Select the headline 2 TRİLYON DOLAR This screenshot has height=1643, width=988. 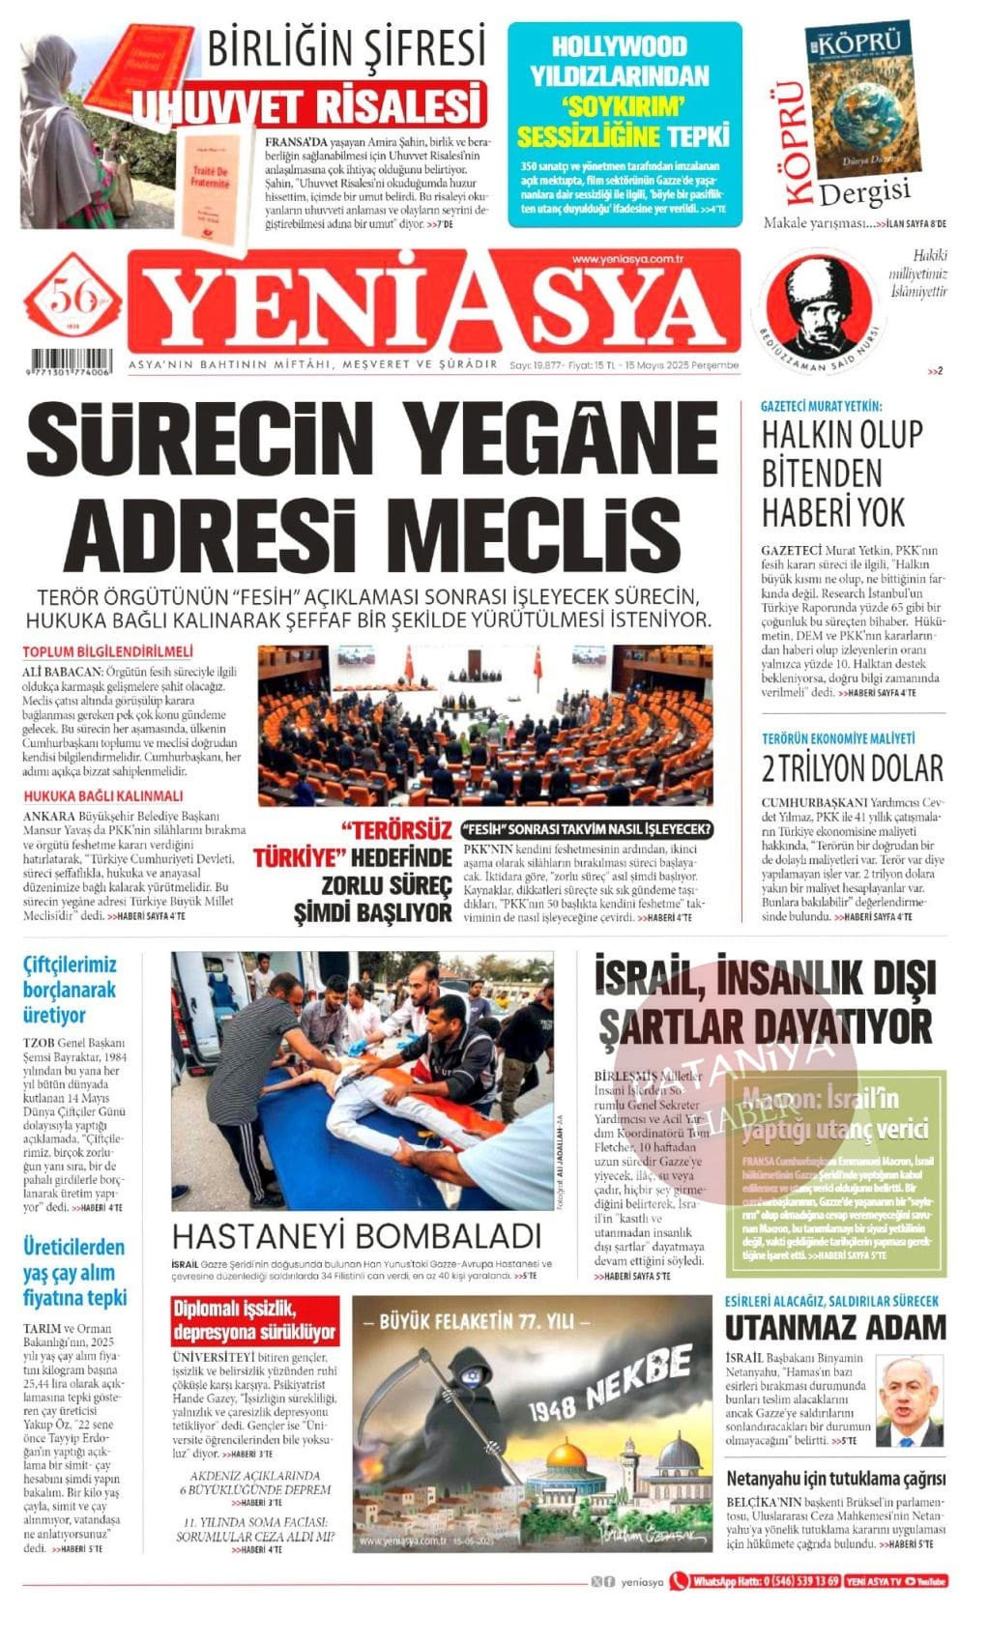pos(852,769)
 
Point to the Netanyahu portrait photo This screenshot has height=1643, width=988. pos(908,1399)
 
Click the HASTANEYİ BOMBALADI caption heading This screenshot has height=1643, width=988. pos(356,1236)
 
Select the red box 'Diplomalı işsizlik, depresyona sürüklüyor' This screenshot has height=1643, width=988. pos(255,1321)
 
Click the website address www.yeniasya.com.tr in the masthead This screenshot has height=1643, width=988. pos(627,259)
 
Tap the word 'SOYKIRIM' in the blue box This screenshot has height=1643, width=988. pos(625,105)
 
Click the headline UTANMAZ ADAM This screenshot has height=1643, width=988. pos(835,1328)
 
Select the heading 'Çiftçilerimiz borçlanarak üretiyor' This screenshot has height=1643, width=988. pos(71,990)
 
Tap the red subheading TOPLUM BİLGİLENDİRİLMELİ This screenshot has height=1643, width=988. pos(107,651)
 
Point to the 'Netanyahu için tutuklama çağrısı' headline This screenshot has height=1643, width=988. pos(835,1478)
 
